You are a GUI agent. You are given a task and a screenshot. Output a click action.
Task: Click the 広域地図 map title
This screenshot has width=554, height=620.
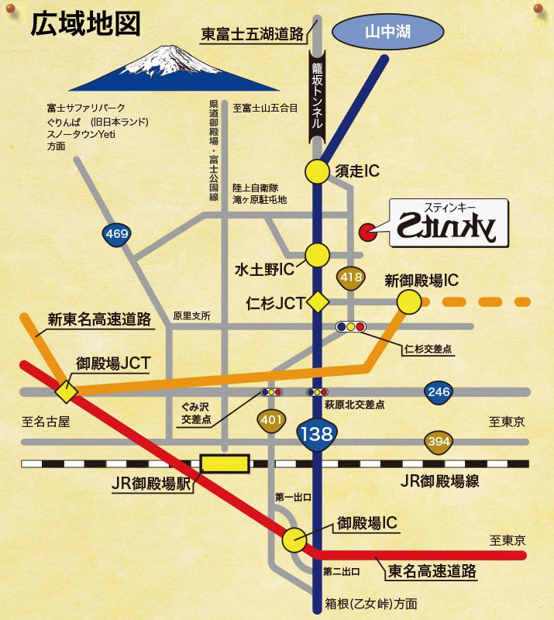(x=85, y=25)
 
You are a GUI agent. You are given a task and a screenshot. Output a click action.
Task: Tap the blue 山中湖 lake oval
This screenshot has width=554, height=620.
(x=387, y=33)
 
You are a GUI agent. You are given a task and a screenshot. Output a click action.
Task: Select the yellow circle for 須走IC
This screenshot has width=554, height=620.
(x=317, y=171)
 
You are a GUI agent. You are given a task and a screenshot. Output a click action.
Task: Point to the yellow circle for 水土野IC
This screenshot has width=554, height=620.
(x=317, y=254)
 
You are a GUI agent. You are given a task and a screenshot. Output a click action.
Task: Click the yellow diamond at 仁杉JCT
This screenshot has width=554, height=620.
(x=317, y=301)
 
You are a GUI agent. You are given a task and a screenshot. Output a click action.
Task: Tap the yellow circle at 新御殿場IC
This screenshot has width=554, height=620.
(x=408, y=302)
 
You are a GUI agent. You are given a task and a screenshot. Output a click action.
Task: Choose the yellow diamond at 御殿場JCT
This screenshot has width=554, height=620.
(x=65, y=392)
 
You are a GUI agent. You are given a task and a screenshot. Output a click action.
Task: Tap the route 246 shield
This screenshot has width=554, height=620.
(x=439, y=392)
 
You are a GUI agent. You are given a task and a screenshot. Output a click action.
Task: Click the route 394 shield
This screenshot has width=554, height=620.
(x=438, y=442)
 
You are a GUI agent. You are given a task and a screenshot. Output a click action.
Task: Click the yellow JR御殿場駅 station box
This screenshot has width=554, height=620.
(x=225, y=463)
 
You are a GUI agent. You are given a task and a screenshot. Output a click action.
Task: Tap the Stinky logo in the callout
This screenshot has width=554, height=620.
(x=449, y=224)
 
